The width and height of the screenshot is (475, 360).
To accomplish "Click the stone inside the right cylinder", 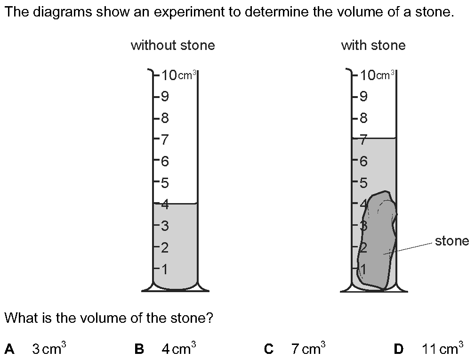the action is tap(377, 241).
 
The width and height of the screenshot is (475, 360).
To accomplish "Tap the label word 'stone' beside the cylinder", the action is tap(451, 241).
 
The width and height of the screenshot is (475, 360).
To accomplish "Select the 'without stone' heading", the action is tap(173, 46).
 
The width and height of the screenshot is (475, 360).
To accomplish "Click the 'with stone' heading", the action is tap(373, 46).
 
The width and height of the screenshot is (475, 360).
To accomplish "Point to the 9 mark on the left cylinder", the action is tap(165, 97).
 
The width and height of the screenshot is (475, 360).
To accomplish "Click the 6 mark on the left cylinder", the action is tap(165, 161).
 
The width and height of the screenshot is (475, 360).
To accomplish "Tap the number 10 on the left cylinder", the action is tap(169, 75).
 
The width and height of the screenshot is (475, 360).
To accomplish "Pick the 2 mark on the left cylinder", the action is tap(165, 248).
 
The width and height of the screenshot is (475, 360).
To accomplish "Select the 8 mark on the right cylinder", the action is tap(363, 118).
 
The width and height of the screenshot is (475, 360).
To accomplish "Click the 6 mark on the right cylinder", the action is tap(363, 161).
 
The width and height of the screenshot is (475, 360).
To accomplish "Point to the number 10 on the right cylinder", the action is tap(368, 75).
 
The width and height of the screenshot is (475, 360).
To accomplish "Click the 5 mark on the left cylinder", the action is tap(165, 183).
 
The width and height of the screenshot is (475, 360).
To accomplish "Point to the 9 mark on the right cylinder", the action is tap(363, 97).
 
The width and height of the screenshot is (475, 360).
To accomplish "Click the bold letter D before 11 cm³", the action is tap(399, 349).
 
